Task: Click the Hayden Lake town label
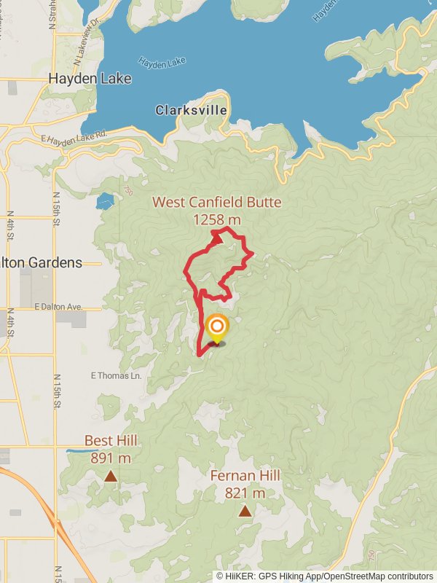(x=90, y=79)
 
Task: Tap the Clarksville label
(x=191, y=111)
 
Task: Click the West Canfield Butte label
(x=216, y=203)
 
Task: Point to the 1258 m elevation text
(x=217, y=219)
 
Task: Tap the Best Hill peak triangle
(x=110, y=477)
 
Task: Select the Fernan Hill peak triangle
(x=245, y=511)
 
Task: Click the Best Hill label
(x=111, y=441)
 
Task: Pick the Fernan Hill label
(x=245, y=476)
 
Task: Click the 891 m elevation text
(x=111, y=458)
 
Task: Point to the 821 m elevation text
(x=245, y=493)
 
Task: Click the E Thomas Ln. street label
(x=115, y=376)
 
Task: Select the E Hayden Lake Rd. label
(x=74, y=137)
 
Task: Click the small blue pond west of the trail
(x=105, y=200)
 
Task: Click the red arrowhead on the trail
(x=217, y=236)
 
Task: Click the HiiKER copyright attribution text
(x=325, y=576)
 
